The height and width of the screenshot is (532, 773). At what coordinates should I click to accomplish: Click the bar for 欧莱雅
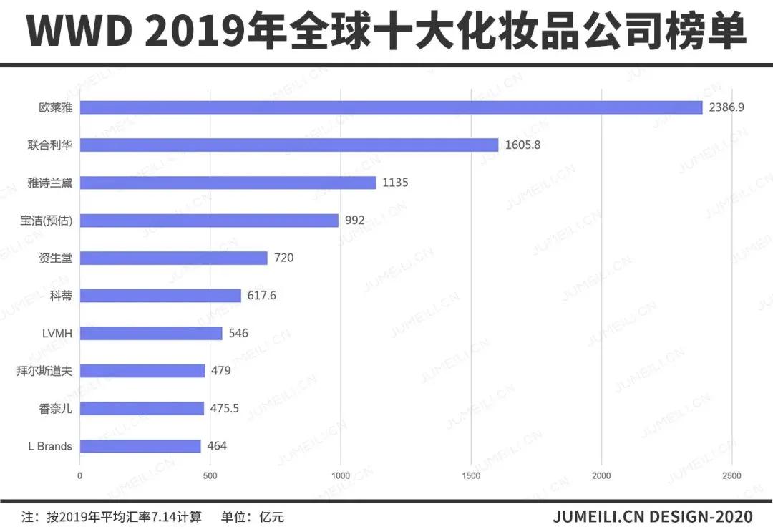click(391, 107)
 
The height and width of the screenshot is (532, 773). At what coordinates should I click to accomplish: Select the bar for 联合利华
click(289, 145)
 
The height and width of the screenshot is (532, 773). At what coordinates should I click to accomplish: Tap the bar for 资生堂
click(173, 258)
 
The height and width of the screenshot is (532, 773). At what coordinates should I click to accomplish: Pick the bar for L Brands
click(140, 446)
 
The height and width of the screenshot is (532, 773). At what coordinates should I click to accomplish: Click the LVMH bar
click(151, 333)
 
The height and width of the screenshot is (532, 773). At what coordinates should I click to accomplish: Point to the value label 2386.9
click(726, 107)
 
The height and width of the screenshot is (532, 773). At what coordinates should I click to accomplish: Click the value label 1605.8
click(522, 145)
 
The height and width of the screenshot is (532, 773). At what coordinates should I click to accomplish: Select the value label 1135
click(395, 183)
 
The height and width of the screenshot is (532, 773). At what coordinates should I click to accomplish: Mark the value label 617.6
click(262, 295)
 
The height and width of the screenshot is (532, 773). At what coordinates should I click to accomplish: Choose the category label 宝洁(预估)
click(47, 221)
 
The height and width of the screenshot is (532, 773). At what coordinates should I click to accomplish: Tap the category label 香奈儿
click(56, 409)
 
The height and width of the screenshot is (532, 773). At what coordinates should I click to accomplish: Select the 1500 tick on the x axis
click(471, 475)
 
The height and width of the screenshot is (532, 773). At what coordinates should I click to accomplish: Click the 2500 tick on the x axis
click(731, 475)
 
